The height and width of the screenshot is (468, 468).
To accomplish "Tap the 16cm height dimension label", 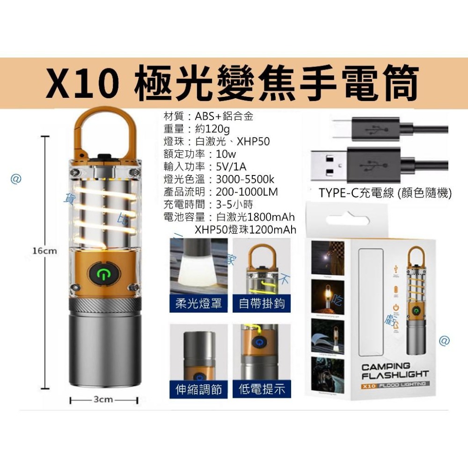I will [45, 251].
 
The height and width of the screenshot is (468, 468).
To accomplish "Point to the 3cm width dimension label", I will [103, 401].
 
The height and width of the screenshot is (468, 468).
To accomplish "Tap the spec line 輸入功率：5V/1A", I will [205, 166].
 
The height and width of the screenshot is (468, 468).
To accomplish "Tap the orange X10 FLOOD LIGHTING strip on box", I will [395, 384].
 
